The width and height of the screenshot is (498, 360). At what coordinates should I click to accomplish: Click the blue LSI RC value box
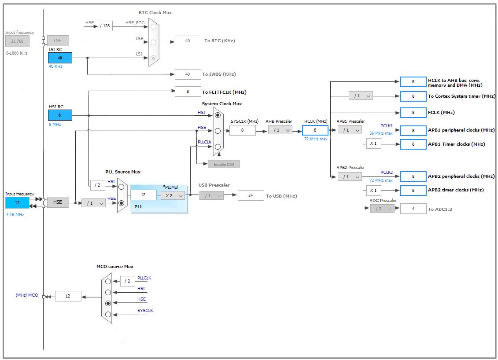pyautogui.click(x=60, y=58)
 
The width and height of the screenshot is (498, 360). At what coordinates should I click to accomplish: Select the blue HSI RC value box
pyautogui.click(x=60, y=115)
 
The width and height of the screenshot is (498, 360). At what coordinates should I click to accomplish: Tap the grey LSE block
pyautogui.click(x=58, y=40)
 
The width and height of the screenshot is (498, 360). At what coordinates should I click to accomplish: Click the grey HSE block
pyautogui.click(x=58, y=202)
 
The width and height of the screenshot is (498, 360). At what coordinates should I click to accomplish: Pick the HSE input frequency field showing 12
pyautogui.click(x=17, y=202)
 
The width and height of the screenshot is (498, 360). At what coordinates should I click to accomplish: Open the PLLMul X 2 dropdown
pyautogui.click(x=173, y=195)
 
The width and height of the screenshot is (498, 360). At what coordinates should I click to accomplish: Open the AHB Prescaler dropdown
pyautogui.click(x=280, y=130)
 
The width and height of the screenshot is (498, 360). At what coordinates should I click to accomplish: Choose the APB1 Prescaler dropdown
pyautogui.click(x=350, y=130)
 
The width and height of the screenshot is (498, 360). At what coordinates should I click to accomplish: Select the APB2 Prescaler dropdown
pyautogui.click(x=350, y=176)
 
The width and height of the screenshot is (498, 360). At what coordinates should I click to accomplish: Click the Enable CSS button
pyautogui.click(x=224, y=164)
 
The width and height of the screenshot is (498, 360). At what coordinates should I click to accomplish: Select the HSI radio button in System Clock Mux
pyautogui.click(x=218, y=115)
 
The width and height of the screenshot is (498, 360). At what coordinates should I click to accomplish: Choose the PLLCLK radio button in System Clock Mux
pyautogui.click(x=218, y=147)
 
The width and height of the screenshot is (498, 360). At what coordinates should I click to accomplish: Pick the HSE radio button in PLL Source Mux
pyautogui.click(x=122, y=203)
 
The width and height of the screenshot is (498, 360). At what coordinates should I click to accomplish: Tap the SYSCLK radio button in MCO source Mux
pyautogui.click(x=108, y=314)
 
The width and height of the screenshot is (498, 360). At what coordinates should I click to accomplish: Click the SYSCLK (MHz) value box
pyautogui.click(x=242, y=130)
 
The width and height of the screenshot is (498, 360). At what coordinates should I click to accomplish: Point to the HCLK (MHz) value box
pyautogui.click(x=315, y=130)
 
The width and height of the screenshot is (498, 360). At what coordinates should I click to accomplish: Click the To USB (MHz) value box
pyautogui.click(x=251, y=195)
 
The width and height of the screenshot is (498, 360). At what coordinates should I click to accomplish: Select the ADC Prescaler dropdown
pyautogui.click(x=382, y=209)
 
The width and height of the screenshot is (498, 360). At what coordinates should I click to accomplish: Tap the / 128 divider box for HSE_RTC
pyautogui.click(x=105, y=26)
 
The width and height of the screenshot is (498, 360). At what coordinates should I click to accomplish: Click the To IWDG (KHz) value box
pyautogui.click(x=188, y=74)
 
